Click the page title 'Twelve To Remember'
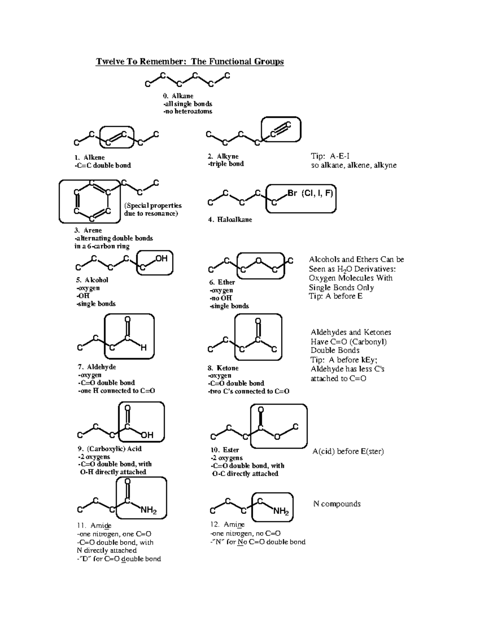pyautogui.click(x=190, y=62)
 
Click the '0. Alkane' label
pyautogui.click(x=178, y=96)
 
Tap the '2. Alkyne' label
pyautogui.click(x=223, y=156)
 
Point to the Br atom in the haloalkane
pyautogui.click(x=292, y=194)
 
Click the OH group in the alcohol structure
pyautogui.click(x=161, y=259)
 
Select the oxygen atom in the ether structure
pyautogui.click(x=259, y=261)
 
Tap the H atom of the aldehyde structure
pyautogui.click(x=144, y=348)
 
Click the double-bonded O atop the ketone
pyautogui.click(x=258, y=321)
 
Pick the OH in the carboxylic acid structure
pyautogui.click(x=147, y=435)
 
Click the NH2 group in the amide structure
pyautogui.click(x=148, y=511)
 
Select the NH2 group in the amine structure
pyautogui.click(x=281, y=511)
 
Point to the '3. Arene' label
pyautogui.click(x=88, y=230)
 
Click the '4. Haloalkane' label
pyautogui.click(x=230, y=220)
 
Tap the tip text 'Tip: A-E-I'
pyautogui.click(x=330, y=156)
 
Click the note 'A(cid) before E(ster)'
pyautogui.click(x=348, y=451)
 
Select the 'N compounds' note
pyautogui.click(x=337, y=504)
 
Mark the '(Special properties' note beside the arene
pyautogui.click(x=153, y=206)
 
